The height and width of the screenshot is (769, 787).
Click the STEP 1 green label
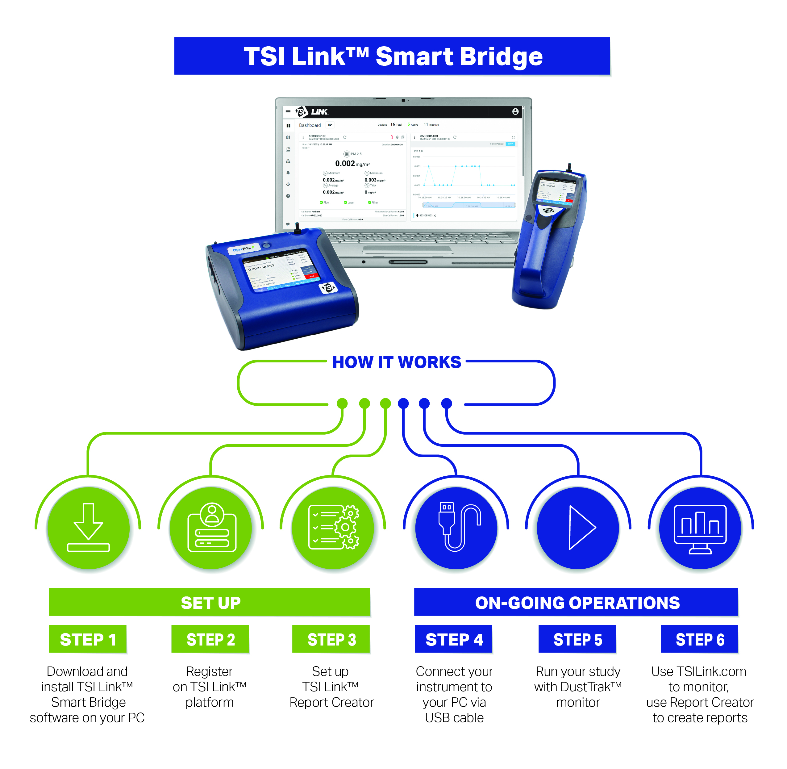click(x=88, y=639)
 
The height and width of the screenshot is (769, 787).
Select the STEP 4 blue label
click(x=453, y=639)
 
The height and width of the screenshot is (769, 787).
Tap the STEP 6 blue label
click(x=699, y=639)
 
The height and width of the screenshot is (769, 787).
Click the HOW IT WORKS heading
click(x=396, y=362)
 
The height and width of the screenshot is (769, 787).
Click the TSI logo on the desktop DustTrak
click(x=327, y=288)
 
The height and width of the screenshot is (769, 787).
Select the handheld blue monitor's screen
click(x=556, y=190)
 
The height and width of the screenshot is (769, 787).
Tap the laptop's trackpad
click(x=408, y=250)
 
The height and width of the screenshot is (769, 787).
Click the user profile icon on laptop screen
click(x=515, y=111)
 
